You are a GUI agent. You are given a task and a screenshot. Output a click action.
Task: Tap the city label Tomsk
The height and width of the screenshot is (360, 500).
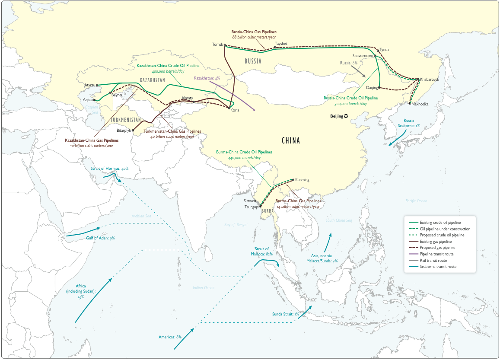click(217, 45)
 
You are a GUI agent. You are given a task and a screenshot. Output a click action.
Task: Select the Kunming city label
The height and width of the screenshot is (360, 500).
click(303, 180)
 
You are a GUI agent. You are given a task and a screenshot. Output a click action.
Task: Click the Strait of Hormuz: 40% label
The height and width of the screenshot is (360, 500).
click(110, 169)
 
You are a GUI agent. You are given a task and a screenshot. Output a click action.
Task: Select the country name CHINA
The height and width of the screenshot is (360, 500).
click(290, 141)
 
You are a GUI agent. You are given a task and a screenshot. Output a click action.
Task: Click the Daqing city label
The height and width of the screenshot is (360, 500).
click(372, 88)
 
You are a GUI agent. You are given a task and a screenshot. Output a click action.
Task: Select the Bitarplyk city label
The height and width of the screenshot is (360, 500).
click(124, 130)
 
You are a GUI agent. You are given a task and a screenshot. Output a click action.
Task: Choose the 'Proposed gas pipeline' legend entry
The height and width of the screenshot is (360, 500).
click(437, 248)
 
